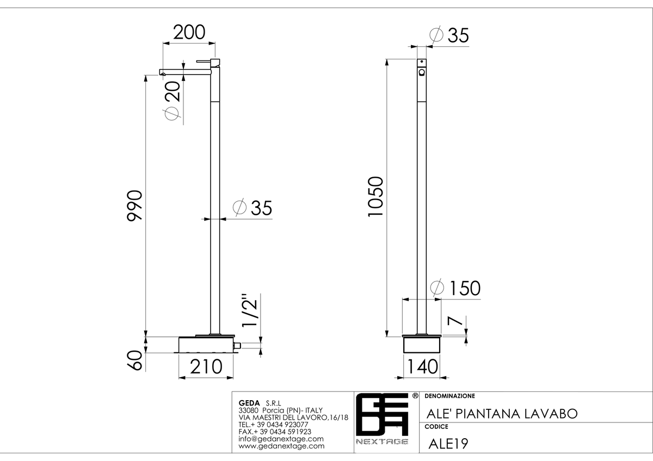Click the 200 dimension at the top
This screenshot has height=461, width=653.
[x=189, y=32]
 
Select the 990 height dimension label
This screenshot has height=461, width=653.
[x=135, y=205]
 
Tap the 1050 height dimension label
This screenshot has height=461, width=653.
[x=375, y=196]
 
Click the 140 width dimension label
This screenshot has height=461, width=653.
[x=422, y=366]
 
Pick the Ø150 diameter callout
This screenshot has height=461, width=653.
[x=455, y=288]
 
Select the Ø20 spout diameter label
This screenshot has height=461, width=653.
[x=173, y=100]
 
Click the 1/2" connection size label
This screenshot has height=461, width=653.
[x=250, y=309]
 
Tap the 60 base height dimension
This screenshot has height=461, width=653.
[x=135, y=360]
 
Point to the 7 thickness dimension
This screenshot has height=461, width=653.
[x=455, y=321]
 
